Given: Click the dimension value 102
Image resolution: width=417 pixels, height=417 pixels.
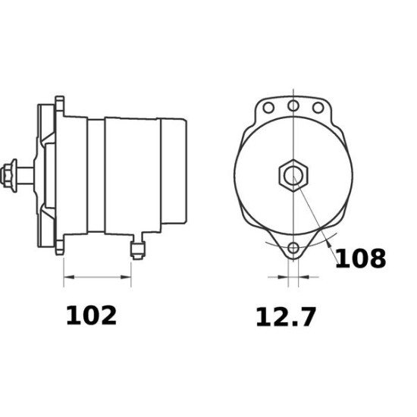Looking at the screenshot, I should point(91,315).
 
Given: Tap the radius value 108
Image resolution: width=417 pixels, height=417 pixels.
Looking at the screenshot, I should point(360,259).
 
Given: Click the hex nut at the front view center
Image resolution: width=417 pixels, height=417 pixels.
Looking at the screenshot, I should point(292,176).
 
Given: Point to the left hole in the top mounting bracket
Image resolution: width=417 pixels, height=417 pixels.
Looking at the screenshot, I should point(267,107).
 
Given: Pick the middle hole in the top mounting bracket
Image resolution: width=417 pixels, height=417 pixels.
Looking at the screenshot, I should point(292,107).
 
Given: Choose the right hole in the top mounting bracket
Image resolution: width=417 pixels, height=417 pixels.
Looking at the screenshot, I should point(318,107).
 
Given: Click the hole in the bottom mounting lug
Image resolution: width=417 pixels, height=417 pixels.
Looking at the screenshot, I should point(292,249).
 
